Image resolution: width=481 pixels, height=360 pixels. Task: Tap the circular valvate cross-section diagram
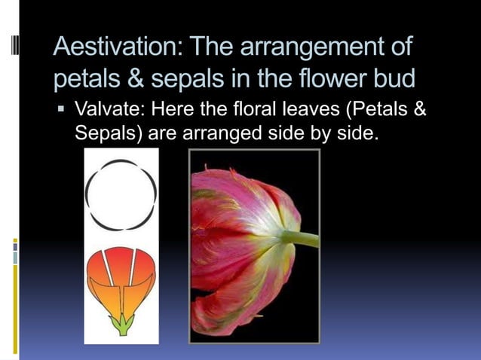click(121, 194)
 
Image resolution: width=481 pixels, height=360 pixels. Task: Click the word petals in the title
click(82, 78)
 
